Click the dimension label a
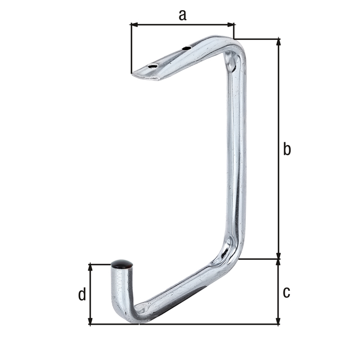pyautogui.click(x=182, y=15)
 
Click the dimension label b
pyautogui.click(x=287, y=149)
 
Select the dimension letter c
pyautogui.click(x=286, y=292)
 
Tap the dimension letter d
pyautogui.click(x=82, y=294)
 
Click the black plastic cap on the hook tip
pyautogui.click(x=121, y=264)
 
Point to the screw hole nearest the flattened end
pyautogui.click(x=152, y=66)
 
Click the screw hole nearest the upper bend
pyautogui.click(x=186, y=48)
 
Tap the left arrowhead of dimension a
pyautogui.click(x=134, y=24)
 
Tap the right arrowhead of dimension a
pyautogui.click(x=231, y=24)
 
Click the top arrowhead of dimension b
pyautogui.click(x=279, y=42)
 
